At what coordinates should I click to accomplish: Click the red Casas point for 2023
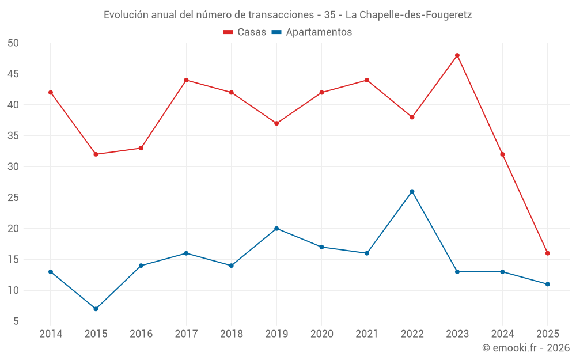pos(457,55)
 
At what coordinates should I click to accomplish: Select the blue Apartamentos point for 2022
pos(412,191)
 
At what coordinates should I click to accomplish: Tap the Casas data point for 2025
pos(548,253)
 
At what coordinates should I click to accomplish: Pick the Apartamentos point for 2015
pos(96,309)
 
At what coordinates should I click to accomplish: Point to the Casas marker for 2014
pos(51,92)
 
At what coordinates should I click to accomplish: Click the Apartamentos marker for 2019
pos(276,229)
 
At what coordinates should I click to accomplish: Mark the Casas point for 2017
pos(186,80)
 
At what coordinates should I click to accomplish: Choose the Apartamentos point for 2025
pos(548,284)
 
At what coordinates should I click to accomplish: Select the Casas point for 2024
pos(502,154)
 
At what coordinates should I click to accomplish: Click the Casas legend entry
pos(245,32)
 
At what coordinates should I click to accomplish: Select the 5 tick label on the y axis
pos(17,321)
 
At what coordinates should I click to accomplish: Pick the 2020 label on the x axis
pos(321,334)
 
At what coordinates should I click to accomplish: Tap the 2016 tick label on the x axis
pos(141,334)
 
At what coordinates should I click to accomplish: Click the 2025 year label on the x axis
pos(548,334)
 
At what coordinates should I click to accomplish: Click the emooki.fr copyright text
pos(526,348)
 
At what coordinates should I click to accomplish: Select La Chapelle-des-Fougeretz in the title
pos(408,15)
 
